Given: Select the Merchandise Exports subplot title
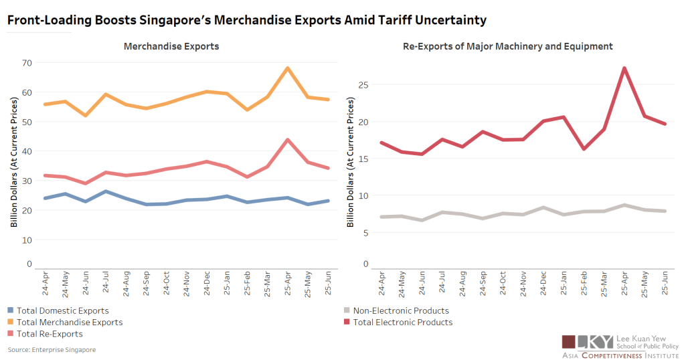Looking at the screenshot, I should point(171,46).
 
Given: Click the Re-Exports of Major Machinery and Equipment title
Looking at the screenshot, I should point(508,46).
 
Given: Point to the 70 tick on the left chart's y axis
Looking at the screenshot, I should point(26,63).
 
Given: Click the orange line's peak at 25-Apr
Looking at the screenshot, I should point(287,68).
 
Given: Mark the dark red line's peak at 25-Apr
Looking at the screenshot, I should point(624,68).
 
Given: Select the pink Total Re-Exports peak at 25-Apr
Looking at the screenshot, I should point(287,140).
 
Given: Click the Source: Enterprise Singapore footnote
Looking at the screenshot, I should point(52,350).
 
